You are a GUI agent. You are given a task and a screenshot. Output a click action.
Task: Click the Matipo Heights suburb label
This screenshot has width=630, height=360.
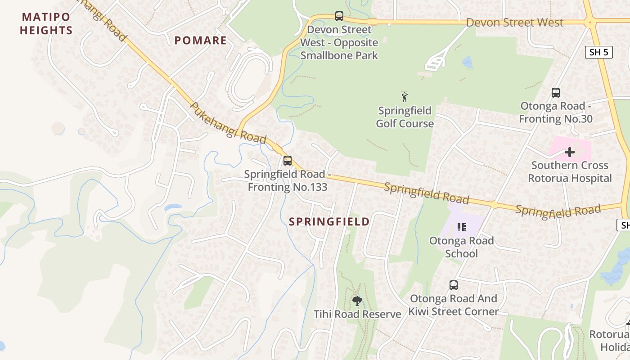pyautogui.click(x=46, y=24)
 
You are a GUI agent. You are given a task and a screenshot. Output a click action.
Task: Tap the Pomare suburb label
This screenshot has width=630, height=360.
pyautogui.click(x=200, y=40)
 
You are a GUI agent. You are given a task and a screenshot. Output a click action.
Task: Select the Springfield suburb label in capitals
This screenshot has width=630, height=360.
pyautogui.click(x=329, y=221)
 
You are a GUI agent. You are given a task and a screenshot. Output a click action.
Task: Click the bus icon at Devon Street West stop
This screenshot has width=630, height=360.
pyautogui.click(x=339, y=16)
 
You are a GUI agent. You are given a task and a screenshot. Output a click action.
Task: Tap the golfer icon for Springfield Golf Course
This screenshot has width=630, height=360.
pyautogui.click(x=405, y=97)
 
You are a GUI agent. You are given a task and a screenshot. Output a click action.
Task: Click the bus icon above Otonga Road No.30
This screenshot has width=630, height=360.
pyautogui.click(x=556, y=93)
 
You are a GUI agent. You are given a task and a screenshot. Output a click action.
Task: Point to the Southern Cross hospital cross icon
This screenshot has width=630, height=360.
pyautogui.click(x=570, y=152)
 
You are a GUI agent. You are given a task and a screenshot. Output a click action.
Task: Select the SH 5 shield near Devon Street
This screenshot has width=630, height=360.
pyautogui.click(x=599, y=52)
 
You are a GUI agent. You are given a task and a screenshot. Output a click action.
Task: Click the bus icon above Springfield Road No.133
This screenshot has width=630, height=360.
pyautogui.click(x=288, y=160)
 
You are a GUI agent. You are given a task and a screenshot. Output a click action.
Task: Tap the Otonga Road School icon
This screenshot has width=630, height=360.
pyautogui.click(x=461, y=227)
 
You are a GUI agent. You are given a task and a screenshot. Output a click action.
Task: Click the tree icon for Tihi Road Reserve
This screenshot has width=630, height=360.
pyautogui.click(x=357, y=301)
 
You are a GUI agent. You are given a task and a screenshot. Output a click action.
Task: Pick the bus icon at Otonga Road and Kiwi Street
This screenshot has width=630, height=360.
pyautogui.click(x=454, y=285)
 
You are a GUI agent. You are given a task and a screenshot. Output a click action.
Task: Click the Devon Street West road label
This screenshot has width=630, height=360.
pyautogui.click(x=514, y=22)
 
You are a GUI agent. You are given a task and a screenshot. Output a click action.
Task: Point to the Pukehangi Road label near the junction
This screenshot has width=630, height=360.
pyautogui.click(x=228, y=123)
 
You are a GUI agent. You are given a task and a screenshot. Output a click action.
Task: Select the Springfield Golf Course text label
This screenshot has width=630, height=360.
pyautogui.click(x=405, y=117)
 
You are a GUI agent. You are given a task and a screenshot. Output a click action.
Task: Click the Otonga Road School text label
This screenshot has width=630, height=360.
pyautogui.click(x=461, y=247)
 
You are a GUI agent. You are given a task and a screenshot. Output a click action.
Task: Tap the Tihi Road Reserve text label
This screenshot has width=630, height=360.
pyautogui.click(x=357, y=314)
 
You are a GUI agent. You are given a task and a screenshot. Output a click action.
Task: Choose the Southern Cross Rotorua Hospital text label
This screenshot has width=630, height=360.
pyautogui.click(x=570, y=171)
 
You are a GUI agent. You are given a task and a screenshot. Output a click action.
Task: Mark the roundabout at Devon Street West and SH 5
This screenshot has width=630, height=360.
pyautogui.click(x=590, y=21)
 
